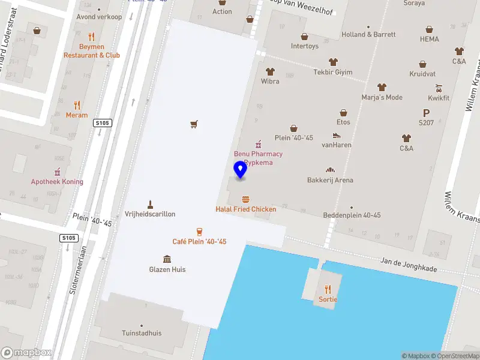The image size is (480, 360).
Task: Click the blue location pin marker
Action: click(240, 169)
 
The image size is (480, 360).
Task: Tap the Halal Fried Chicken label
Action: click(246, 209)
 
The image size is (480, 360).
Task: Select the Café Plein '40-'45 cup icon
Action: click(199, 232)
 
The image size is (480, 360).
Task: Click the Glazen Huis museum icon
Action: click(167, 259)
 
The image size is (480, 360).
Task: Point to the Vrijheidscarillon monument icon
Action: click(150, 204)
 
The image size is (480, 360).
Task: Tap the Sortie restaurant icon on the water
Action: click(328, 289)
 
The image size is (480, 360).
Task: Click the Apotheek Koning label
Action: click(57, 182)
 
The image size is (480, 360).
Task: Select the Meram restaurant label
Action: click(77, 115)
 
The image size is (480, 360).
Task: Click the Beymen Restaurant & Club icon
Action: click(91, 36)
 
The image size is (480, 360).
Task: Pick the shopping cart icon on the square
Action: click(194, 124)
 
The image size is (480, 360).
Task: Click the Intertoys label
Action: click(305, 46)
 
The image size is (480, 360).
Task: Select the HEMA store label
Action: click(430, 39)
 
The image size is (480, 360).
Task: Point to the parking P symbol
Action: click(427, 112)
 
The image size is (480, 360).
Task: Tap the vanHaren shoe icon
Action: click(337, 135)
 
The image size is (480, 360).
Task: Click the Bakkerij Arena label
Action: click(330, 180)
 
